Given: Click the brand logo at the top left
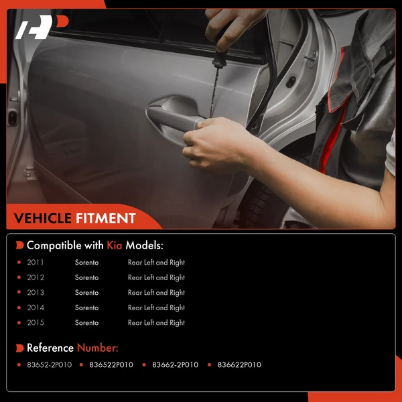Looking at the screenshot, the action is [42, 27].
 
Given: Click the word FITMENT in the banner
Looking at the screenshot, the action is [106, 218].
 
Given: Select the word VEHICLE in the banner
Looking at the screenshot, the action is [43, 218].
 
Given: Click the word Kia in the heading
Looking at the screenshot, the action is [115, 245].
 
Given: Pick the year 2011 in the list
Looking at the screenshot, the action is [36, 262].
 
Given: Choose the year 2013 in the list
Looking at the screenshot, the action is [36, 293].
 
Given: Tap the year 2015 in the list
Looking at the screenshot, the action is [36, 322].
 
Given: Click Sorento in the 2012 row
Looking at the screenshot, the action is [86, 277].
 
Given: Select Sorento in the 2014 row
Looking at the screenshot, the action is [86, 308].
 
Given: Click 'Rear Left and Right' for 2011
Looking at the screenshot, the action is [156, 263].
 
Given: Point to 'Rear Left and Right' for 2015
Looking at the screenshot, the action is [156, 323].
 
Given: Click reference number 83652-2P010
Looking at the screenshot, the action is [50, 365].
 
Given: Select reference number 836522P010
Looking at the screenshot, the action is [111, 365].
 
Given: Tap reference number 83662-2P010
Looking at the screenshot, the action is [176, 365].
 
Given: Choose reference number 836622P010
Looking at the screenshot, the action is [239, 365].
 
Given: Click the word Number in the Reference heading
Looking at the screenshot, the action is [97, 348].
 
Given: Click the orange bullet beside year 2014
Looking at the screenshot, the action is [19, 308].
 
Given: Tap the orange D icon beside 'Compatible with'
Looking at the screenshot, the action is [19, 245].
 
